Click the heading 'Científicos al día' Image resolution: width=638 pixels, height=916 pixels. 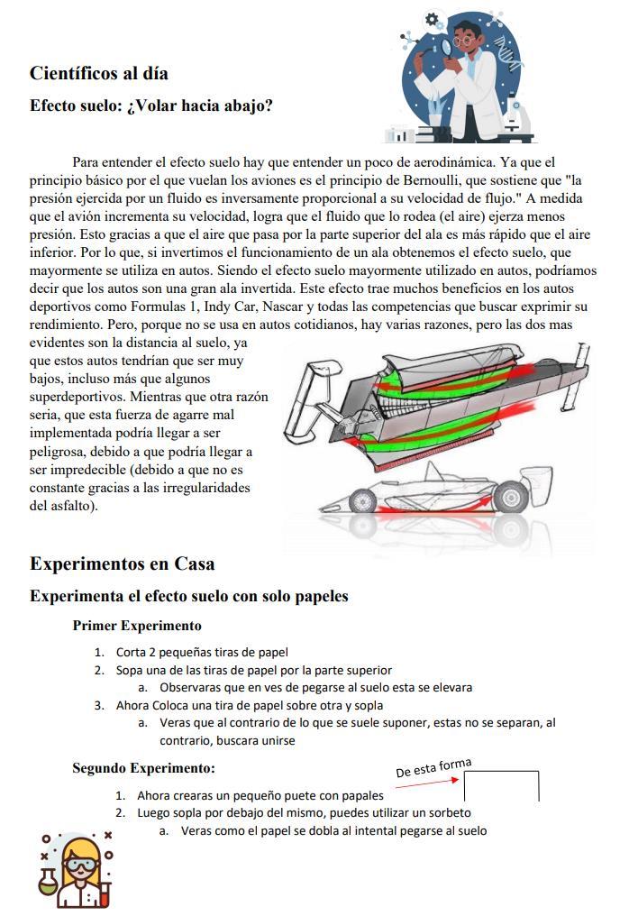pos(99,73)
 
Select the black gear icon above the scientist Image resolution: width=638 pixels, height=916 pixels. pos(434,18)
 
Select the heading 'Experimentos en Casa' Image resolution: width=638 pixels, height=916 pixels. pos(122,564)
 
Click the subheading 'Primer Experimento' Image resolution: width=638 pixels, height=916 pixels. pos(137,626)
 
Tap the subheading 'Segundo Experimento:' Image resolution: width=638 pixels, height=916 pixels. pos(144,769)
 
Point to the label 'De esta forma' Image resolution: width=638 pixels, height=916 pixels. pos(433,768)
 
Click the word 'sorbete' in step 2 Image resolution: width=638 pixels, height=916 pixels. pos(447,813)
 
